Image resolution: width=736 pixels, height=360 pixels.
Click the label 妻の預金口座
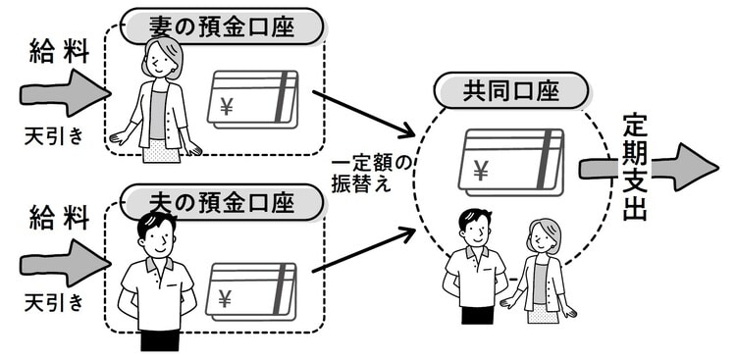tap(222, 26)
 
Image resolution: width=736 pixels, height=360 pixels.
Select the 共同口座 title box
tap(510, 90)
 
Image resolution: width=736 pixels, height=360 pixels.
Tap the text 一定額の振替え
tap(372, 175)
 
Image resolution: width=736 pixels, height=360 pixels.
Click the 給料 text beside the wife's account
tap(59, 51)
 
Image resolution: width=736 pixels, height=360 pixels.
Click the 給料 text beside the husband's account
tap(59, 218)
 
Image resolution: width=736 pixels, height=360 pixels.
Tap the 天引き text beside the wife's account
tap(54, 136)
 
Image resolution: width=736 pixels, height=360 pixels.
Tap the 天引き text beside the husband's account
tap(54, 303)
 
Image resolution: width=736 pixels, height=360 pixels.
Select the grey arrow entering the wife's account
tap(65, 93)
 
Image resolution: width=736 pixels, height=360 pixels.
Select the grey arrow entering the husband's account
tap(65, 263)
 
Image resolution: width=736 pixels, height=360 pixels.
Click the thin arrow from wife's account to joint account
tap(363, 115)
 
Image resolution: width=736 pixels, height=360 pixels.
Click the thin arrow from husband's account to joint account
tap(363, 249)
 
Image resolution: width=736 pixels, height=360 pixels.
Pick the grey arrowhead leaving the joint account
tap(697, 167)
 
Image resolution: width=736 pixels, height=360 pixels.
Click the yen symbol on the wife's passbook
tap(227, 108)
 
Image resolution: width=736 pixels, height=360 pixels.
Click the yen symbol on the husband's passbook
tap(225, 298)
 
